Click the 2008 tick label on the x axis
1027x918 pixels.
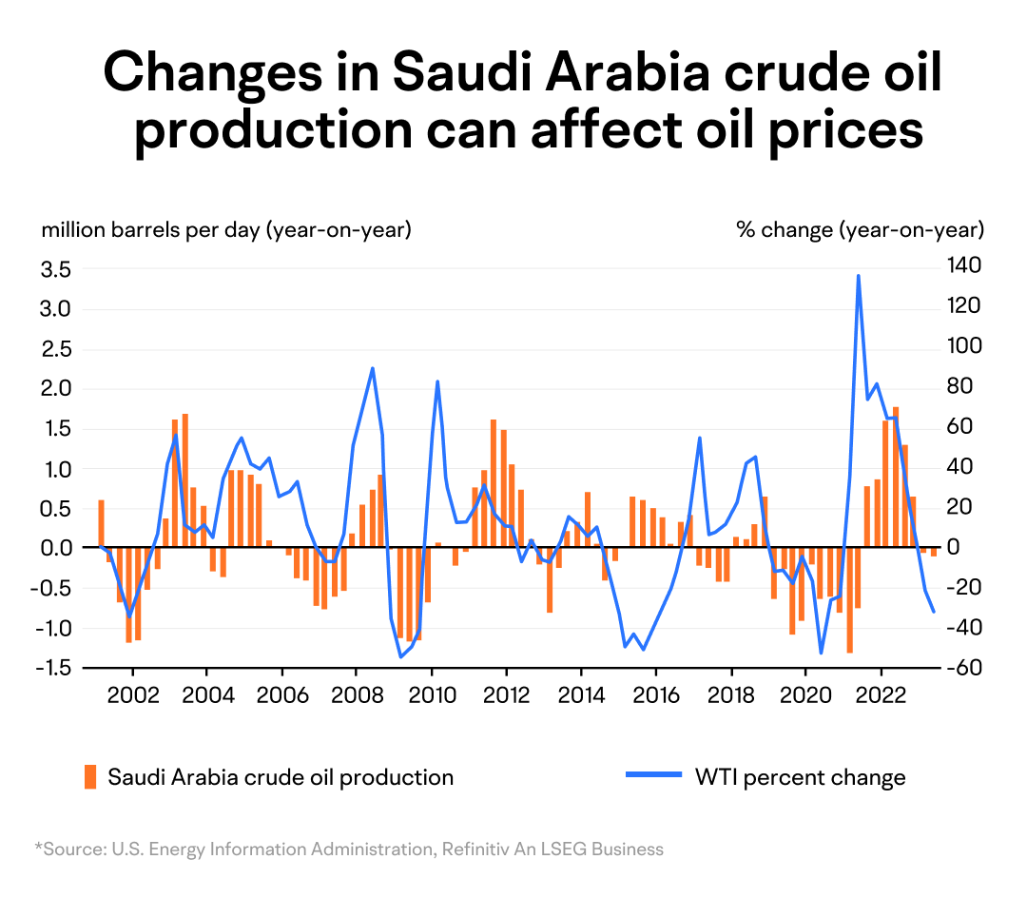[357, 695]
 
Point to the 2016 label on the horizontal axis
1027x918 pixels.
[655, 695]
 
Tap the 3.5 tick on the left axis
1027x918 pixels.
[56, 268]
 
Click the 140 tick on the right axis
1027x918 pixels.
[964, 265]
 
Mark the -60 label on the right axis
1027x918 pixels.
[962, 667]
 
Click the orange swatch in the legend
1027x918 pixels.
[90, 776]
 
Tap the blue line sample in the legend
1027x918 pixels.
[653, 774]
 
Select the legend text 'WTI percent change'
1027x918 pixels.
[801, 777]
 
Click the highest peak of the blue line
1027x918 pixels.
[858, 276]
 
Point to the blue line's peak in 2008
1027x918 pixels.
[372, 368]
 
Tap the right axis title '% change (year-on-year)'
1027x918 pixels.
[860, 230]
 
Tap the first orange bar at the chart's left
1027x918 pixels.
[102, 523]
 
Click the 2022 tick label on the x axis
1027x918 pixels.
[881, 695]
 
